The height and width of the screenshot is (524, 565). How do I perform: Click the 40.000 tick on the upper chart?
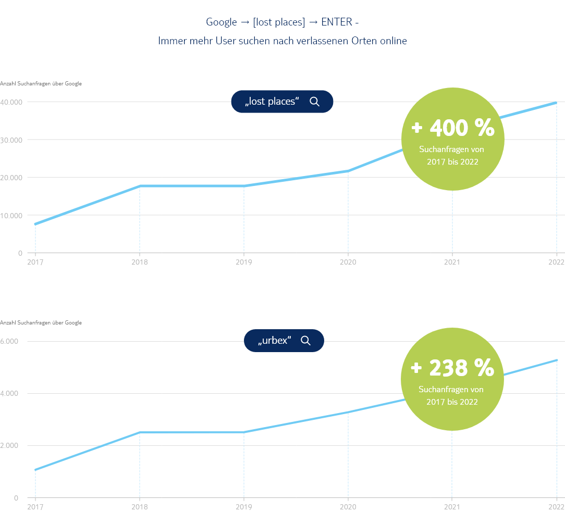click(x=11, y=102)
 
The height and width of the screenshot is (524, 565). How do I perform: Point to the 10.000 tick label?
click(x=11, y=215)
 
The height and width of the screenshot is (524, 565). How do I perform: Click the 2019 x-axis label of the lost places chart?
click(x=243, y=262)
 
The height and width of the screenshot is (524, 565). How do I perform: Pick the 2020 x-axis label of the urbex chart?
click(x=348, y=507)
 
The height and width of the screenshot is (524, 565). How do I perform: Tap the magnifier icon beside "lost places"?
click(x=314, y=102)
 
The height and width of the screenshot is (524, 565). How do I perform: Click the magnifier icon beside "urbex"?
click(x=305, y=341)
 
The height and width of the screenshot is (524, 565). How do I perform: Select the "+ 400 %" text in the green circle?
click(x=452, y=128)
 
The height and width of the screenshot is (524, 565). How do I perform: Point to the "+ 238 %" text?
click(x=452, y=368)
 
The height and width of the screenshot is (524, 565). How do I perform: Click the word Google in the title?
click(x=222, y=22)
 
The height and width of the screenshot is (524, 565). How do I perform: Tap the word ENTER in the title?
click(x=336, y=22)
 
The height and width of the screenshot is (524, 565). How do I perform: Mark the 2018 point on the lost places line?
click(x=140, y=186)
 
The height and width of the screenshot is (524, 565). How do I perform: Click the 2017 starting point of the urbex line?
click(x=35, y=470)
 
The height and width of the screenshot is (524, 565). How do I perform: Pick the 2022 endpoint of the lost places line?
click(x=557, y=103)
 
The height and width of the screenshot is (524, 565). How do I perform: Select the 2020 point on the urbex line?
click(x=348, y=412)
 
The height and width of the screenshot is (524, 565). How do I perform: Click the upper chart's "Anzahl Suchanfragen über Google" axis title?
click(x=41, y=83)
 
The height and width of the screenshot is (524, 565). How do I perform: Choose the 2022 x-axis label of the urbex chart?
click(x=557, y=507)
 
